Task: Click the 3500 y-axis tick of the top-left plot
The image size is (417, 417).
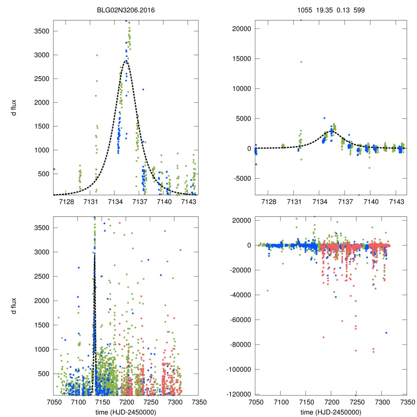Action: tap(42, 31)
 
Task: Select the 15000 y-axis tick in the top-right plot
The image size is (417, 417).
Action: tap(241, 59)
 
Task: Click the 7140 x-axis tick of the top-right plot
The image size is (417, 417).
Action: tap(371, 202)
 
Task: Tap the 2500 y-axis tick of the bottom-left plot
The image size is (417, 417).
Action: tap(42, 276)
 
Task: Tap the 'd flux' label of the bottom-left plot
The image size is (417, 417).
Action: tap(14, 306)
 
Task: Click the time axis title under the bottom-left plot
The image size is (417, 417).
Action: tap(126, 412)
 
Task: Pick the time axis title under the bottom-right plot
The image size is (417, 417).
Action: tap(331, 412)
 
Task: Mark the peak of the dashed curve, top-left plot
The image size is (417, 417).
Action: tap(126, 61)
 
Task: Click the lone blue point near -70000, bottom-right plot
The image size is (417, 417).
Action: tap(386, 333)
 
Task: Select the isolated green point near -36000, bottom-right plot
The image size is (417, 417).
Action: tap(268, 290)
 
